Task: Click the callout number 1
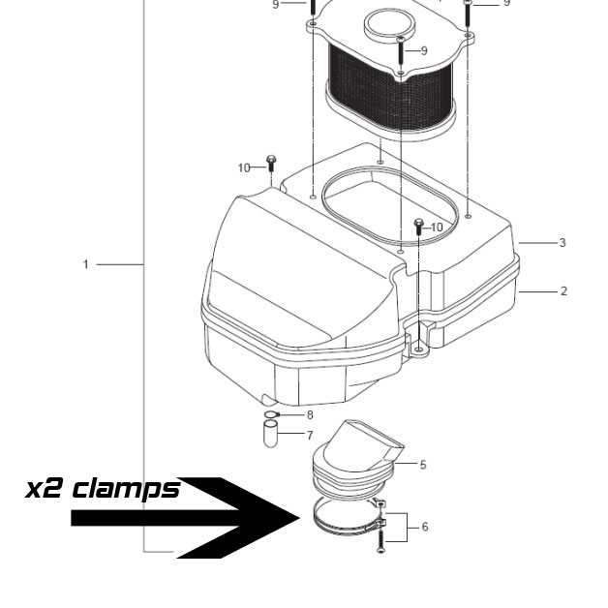(86, 264)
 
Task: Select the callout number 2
(563, 290)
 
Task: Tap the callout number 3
(562, 243)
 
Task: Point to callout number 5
(423, 464)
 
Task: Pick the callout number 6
(425, 527)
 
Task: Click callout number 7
(310, 436)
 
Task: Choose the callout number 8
(310, 415)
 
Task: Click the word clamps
(127, 489)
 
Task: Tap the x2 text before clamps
(43, 490)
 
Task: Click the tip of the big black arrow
(300, 518)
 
